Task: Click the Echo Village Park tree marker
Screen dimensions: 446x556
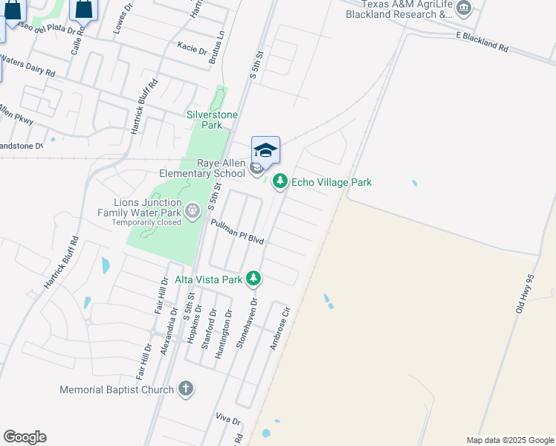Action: point(280,181)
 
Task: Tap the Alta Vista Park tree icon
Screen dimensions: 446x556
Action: point(254,279)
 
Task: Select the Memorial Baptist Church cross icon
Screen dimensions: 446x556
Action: point(186,389)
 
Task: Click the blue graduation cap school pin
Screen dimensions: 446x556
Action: point(265,150)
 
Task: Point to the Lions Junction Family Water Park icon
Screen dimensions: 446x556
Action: point(193,212)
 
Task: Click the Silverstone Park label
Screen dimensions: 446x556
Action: point(205,120)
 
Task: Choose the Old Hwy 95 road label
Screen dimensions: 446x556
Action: point(526,293)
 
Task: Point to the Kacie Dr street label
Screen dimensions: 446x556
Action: point(192,49)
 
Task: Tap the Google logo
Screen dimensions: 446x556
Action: point(25,437)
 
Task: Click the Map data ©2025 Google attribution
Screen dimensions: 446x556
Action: point(509,440)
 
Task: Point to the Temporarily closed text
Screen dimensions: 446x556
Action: point(146,222)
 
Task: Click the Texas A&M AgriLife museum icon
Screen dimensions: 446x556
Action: point(465,8)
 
